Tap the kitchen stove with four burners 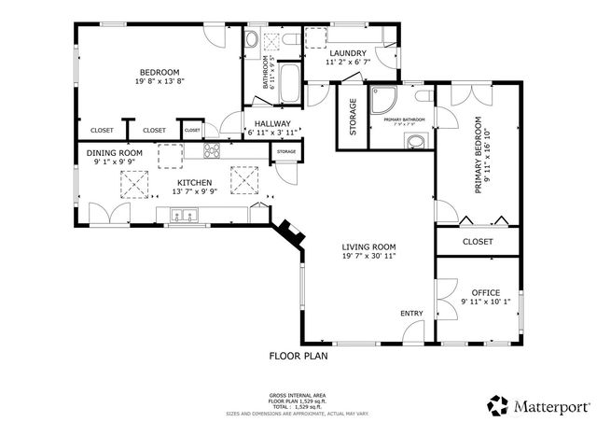pyautogui.click(x=211, y=151)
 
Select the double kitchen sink pyautogui.click(x=185, y=218)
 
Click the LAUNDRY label pyautogui.click(x=347, y=53)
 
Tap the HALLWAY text pyautogui.click(x=268, y=124)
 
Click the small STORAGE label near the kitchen pyautogui.click(x=286, y=151)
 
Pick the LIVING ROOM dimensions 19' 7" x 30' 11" pyautogui.click(x=368, y=257)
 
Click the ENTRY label pyautogui.click(x=411, y=313)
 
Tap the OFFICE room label pyautogui.click(x=485, y=292)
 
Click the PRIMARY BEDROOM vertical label pyautogui.click(x=479, y=155)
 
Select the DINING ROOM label pyautogui.click(x=114, y=153)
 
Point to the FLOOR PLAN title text pyautogui.click(x=298, y=356)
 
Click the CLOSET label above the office pyautogui.click(x=478, y=242)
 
